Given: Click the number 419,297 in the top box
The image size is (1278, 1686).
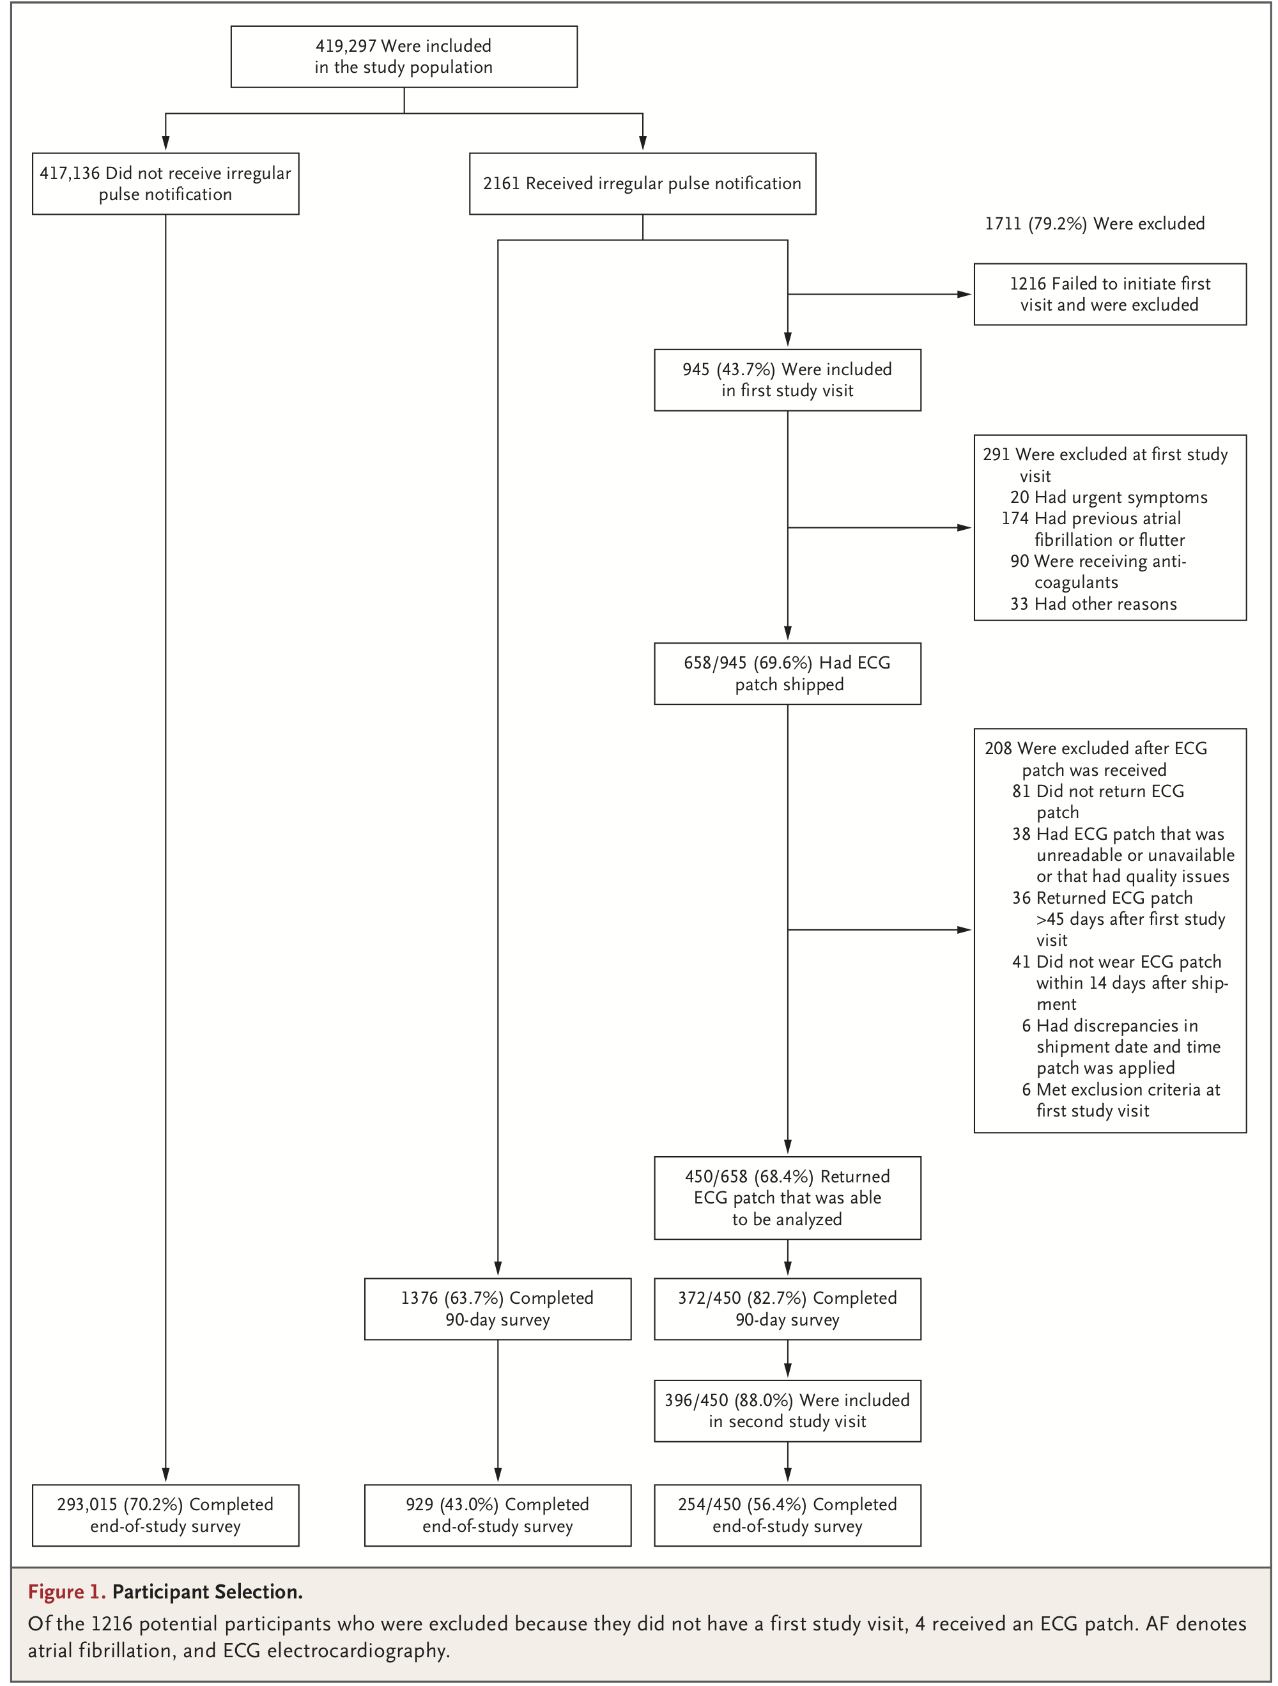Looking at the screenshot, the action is tap(345, 46).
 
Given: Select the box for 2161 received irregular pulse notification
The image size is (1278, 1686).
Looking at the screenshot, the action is tap(642, 183).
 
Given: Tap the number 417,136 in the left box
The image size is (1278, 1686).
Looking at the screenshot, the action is tap(70, 173).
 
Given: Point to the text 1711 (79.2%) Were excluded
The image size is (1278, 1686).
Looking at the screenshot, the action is tap(1095, 223).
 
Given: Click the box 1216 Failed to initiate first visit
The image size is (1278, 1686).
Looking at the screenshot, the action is tap(1109, 294).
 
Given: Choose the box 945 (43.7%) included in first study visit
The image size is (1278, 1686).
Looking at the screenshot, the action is tap(787, 380).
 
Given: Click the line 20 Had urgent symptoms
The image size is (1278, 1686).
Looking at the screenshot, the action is tap(1109, 497).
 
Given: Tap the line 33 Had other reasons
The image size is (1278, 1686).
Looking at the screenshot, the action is tap(1093, 604).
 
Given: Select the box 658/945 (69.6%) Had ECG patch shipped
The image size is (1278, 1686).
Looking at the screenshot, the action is tap(787, 673).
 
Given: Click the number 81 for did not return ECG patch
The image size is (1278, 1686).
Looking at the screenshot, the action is tap(1021, 791).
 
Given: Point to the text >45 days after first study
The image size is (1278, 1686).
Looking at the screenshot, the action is tap(1131, 919).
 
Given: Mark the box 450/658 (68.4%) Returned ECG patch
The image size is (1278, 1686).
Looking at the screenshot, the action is tap(787, 1198).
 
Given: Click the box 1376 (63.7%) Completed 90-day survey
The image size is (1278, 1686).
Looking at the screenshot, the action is tap(498, 1309).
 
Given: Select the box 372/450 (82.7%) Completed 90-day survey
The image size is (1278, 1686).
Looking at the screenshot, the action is tap(787, 1309).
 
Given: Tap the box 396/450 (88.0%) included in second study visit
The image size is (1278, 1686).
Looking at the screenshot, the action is tap(787, 1411).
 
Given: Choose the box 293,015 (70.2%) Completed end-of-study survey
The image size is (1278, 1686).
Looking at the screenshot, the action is tap(166, 1515).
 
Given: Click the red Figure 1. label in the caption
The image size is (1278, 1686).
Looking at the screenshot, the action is tap(67, 1591).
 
